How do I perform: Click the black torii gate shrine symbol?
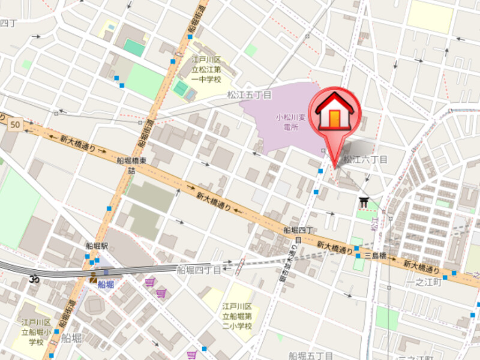363,203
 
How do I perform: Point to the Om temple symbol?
34,279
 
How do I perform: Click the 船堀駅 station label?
96,247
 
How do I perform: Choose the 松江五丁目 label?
249,95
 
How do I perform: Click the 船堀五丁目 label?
310,355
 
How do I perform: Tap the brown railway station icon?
93,278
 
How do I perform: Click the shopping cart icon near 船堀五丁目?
192,355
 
